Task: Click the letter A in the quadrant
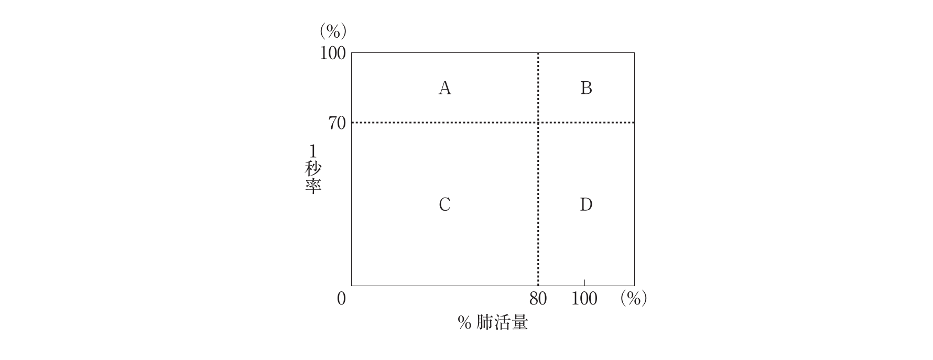coord(444,88)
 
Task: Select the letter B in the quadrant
coord(586,88)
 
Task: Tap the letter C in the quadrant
coord(444,204)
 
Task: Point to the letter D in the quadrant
coord(586,204)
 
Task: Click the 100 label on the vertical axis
coord(333,53)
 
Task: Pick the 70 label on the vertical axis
coord(337,123)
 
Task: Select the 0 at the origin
coord(342,299)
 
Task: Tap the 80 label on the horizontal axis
coord(538,299)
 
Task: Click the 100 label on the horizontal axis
coord(584,299)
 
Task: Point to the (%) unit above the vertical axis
coord(333,31)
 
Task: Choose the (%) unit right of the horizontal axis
coord(633,299)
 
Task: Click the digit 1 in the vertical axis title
coord(313,151)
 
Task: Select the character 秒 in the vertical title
coord(313,169)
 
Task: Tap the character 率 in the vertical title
coord(313,187)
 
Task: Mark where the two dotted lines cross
coord(538,123)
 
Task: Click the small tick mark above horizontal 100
coord(584,282)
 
